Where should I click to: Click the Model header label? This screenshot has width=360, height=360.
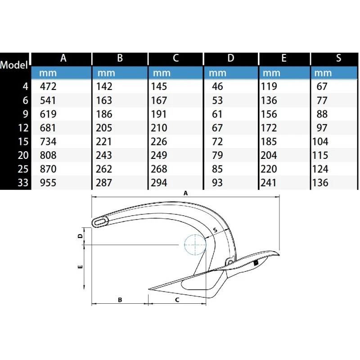pos(15,64)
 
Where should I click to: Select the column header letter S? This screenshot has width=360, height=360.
pos(338,58)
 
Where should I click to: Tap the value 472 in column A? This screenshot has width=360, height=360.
pos(48,86)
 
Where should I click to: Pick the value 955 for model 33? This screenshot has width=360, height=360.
pos(48,183)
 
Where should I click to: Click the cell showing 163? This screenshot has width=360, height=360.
pos(104,100)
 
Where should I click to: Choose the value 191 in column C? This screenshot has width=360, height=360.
pos(160,114)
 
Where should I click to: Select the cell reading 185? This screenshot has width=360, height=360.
pos(269,142)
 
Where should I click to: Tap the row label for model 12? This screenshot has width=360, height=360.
pos(24,128)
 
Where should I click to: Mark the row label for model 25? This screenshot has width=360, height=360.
pos(24,169)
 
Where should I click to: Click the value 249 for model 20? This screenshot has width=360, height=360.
pos(160,156)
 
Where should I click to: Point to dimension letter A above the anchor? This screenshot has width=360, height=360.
pos(185,193)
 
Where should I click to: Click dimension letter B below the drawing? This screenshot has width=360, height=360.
pos(120,299)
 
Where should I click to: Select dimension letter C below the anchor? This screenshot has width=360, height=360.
pos(177,299)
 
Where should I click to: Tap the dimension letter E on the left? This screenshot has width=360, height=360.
pos(80,267)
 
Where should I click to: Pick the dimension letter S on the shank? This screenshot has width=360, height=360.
pos(215,230)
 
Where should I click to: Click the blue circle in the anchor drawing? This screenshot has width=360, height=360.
pos(195,244)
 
